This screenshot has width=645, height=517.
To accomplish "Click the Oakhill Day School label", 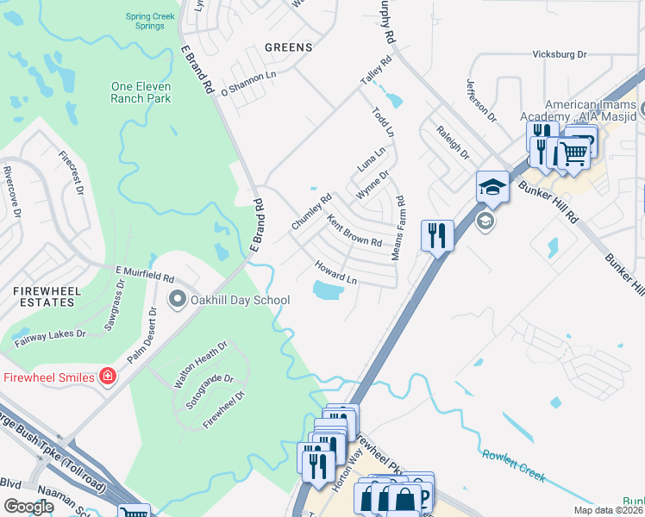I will tap(240, 300).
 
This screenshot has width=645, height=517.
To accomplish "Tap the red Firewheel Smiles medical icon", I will tap(107, 377).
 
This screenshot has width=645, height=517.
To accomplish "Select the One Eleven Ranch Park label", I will tap(141, 92).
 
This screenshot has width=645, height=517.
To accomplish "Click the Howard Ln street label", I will tap(335, 272).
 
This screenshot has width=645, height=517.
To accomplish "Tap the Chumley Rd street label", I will tap(311, 212).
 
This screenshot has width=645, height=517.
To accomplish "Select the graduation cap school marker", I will tap(492, 186).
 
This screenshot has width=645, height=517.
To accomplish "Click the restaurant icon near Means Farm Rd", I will tap(437, 235).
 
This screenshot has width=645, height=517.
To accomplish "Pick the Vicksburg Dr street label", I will tap(559, 53).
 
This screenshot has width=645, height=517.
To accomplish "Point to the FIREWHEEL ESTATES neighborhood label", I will tap(47, 298).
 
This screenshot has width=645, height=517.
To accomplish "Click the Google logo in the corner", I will tap(28, 506).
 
